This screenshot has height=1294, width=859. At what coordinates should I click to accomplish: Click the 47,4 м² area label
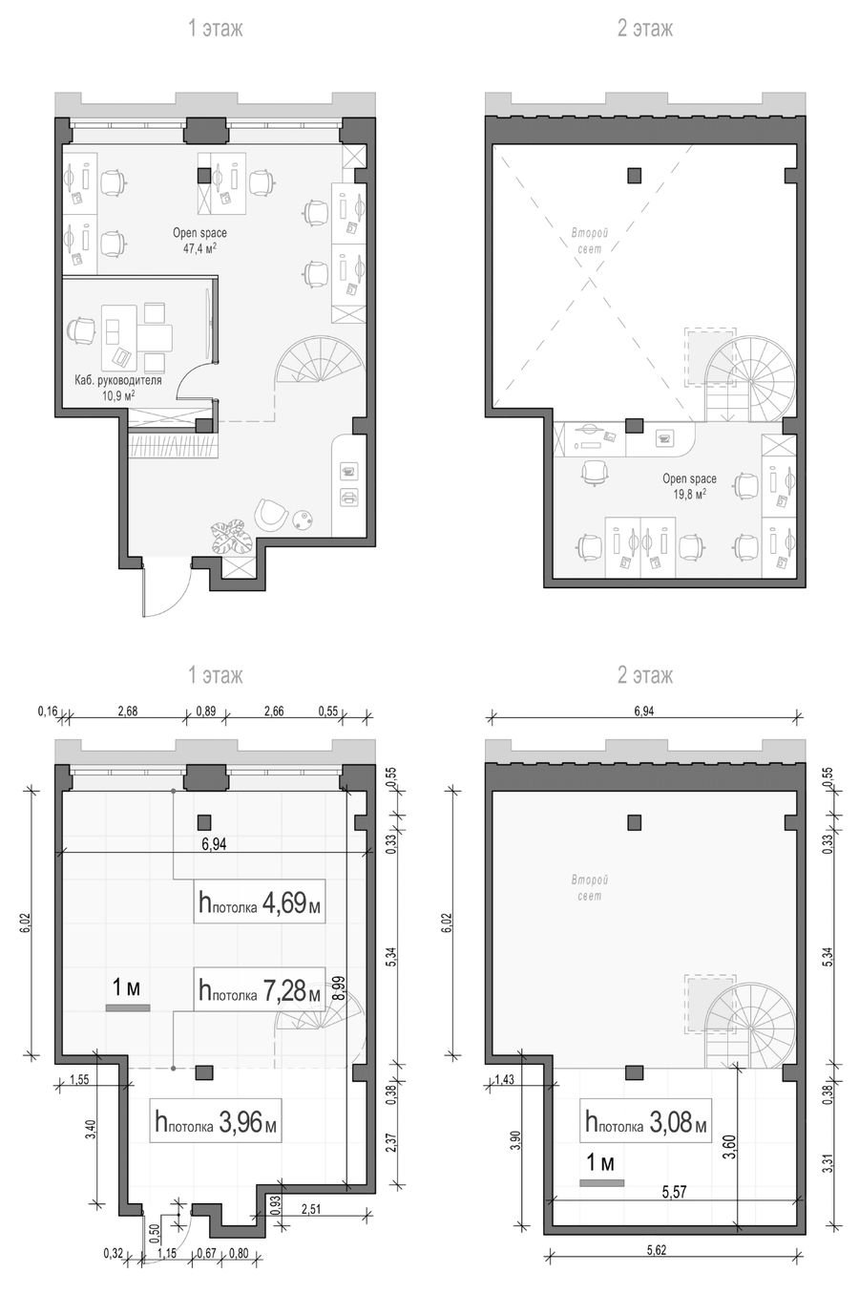coord(199,248)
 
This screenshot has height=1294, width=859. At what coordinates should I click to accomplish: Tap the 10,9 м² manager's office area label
coord(118,395)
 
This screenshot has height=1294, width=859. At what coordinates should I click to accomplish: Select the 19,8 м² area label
coord(689,494)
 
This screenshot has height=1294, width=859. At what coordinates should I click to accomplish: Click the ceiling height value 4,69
coord(283,902)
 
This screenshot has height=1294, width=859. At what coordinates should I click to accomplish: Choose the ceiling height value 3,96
coord(241,1122)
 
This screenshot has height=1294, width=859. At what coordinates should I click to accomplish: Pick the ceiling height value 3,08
coord(671,1122)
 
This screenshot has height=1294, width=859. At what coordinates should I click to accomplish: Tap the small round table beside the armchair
coord(303,520)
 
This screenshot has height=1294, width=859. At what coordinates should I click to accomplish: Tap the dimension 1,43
coord(506,1079)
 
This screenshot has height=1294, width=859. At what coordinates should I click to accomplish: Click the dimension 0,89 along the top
coord(205,711)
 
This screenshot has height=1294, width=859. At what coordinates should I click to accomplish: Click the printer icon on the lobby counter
coord(348,497)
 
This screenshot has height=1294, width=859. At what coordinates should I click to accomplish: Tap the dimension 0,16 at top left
coord(48,711)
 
